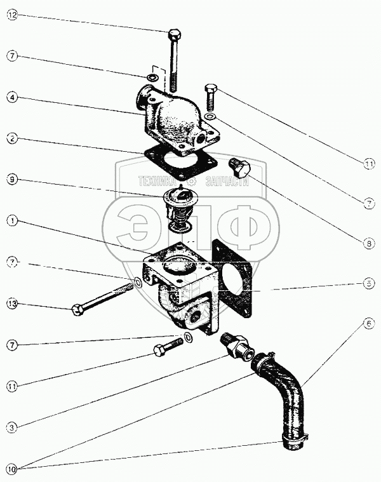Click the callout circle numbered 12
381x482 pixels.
coord(11,15)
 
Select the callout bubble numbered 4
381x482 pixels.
coord(11,98)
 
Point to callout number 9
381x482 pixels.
coord(11,179)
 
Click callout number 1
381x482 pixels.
coord(11,221)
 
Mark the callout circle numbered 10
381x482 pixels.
coord(11,469)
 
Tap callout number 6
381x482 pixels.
coord(369,323)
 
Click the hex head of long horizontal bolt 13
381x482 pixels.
coord(77,311)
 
